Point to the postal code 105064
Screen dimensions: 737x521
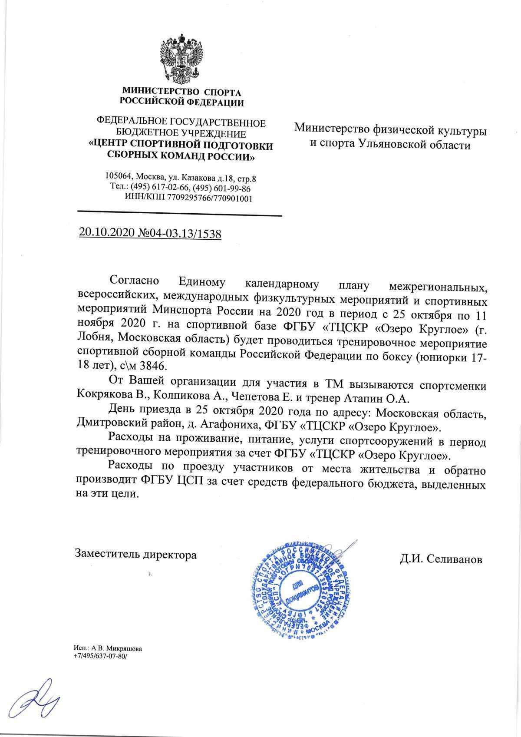(x=118, y=178)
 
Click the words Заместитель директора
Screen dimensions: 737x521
(x=136, y=555)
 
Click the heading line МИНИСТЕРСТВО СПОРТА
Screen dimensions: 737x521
(x=181, y=93)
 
